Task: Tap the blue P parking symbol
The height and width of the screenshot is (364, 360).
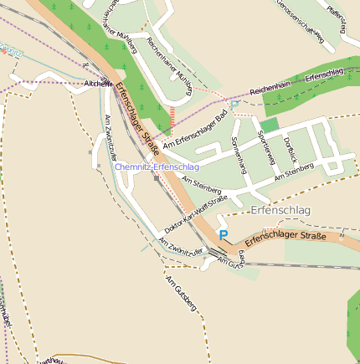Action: pyautogui.click(x=223, y=236)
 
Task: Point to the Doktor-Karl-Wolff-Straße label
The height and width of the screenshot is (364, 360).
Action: pyautogui.click(x=196, y=214)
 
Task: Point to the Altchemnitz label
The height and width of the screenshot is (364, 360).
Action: pyautogui.click(x=99, y=84)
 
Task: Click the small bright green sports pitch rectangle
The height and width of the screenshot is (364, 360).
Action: pyautogui.click(x=268, y=126)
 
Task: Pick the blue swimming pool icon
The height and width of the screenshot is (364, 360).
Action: pyautogui.click(x=235, y=104)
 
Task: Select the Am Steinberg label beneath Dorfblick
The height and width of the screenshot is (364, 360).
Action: pyautogui.click(x=293, y=171)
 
